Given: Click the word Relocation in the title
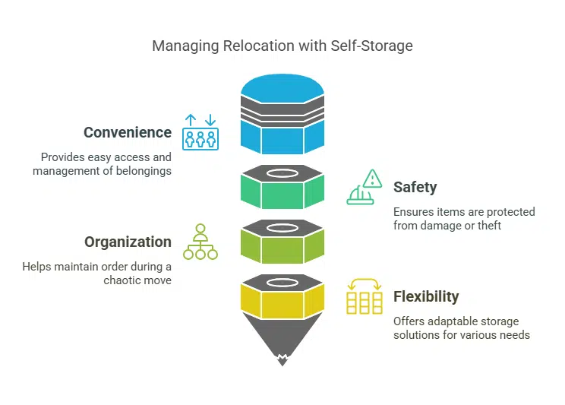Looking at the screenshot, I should (x=248, y=46).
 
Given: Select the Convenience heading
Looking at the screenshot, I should (x=128, y=132).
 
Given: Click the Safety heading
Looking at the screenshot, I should (x=415, y=187).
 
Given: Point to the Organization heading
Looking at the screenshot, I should (x=128, y=242).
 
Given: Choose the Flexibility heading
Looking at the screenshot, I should (x=426, y=296).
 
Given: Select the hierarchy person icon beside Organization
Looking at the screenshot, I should (x=200, y=242).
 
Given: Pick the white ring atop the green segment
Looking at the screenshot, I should (x=282, y=172).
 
